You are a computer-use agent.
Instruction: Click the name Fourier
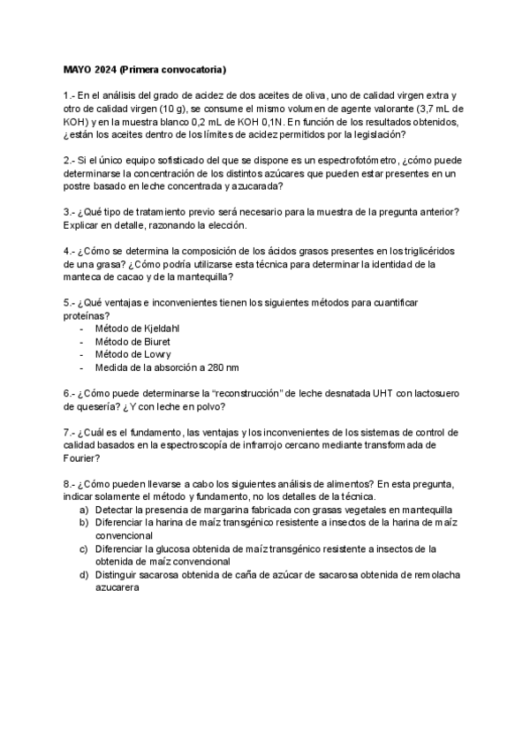click(x=82, y=459)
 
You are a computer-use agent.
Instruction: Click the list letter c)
click(x=84, y=549)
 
